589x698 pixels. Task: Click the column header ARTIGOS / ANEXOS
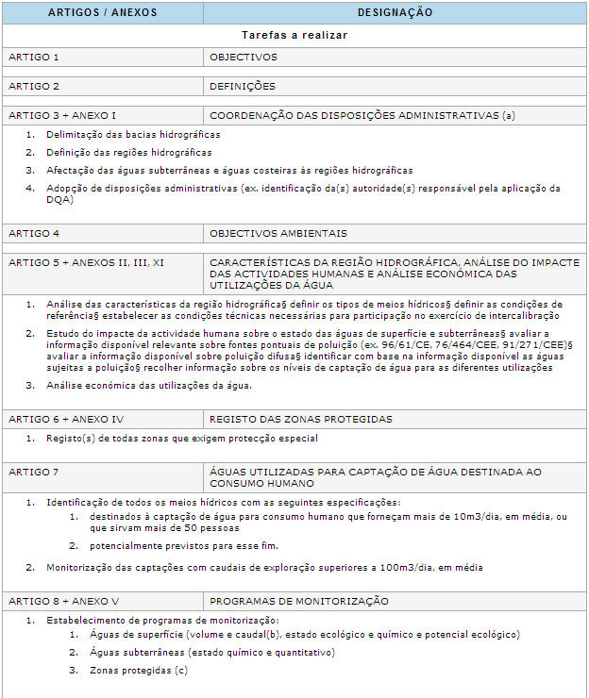102,13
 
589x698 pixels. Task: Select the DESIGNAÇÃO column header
395,13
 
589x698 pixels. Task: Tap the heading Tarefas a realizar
294,35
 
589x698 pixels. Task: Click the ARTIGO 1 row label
34,57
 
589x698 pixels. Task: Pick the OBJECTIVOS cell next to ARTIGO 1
244,57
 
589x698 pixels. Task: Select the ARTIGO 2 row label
34,86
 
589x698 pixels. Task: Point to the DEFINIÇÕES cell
243,86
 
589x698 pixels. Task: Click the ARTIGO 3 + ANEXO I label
62,115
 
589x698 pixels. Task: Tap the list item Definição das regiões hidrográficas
128,152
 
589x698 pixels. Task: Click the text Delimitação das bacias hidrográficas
133,134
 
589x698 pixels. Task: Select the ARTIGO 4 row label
34,233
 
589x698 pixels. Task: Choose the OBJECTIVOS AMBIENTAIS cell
278,233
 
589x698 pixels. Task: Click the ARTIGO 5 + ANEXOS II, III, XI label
86,262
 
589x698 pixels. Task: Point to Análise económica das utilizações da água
149,385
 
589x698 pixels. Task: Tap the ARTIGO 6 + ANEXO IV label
67,419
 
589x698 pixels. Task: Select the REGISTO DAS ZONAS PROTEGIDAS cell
301,419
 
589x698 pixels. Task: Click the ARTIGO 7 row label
34,471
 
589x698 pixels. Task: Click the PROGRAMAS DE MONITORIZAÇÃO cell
298,601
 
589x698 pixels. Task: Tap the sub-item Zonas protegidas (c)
139,671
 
